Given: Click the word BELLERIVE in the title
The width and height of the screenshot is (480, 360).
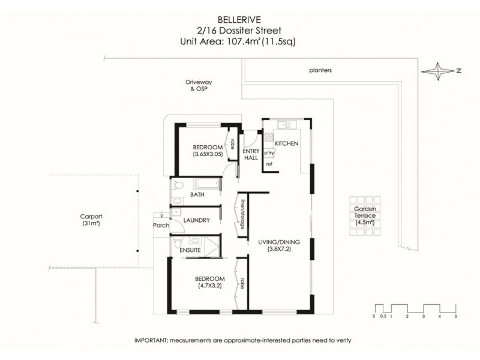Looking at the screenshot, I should coord(238,19).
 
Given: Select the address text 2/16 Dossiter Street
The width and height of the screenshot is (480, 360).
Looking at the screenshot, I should coord(238,30).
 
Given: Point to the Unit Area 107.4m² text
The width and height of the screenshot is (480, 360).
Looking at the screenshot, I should coord(238,41).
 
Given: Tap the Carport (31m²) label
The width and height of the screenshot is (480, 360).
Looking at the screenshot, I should coord(92,220).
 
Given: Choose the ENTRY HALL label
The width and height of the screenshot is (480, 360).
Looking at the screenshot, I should coord(250,154).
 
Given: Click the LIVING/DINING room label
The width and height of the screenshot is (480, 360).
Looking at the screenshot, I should coord(278,242).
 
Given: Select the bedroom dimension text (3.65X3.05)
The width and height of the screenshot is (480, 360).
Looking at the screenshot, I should coord(208,154).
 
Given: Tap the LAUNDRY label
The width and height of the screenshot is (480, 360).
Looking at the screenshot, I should coord(196,220).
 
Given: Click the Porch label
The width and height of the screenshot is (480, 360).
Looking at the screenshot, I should coord(161,226).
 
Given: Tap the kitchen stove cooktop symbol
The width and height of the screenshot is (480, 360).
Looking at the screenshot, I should coord(269,137).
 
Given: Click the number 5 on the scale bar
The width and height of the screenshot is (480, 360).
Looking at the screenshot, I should coord(456,316).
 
